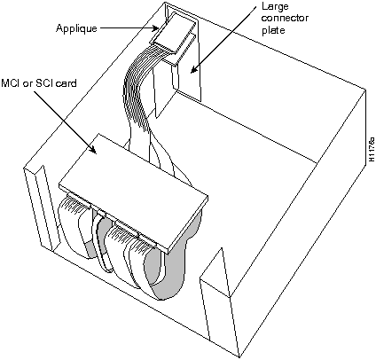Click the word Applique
click(x=75, y=27)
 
